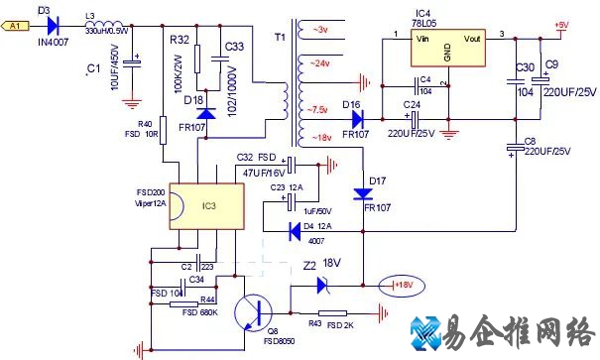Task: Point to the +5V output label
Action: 561,25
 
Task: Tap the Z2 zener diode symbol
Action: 323,285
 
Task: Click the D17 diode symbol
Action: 364,195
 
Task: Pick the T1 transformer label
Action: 279,37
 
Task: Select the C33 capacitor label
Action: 235,46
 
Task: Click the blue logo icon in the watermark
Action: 433,334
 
